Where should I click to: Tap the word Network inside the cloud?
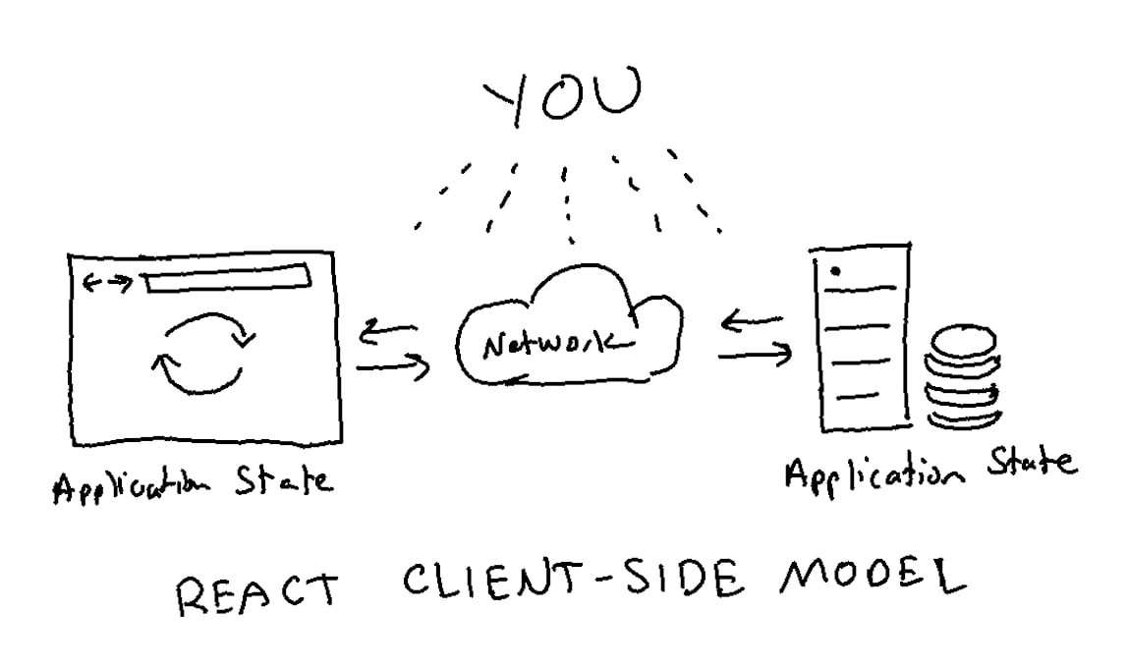click(x=554, y=344)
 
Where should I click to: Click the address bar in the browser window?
click(x=228, y=280)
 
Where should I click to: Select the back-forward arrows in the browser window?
click(x=107, y=284)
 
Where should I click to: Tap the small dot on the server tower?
click(x=834, y=270)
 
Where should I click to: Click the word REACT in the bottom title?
click(x=256, y=592)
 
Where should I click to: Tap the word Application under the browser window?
click(x=133, y=485)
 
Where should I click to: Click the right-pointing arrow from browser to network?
click(x=393, y=369)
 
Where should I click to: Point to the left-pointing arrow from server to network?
click(x=753, y=320)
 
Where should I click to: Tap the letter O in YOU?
click(x=562, y=98)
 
